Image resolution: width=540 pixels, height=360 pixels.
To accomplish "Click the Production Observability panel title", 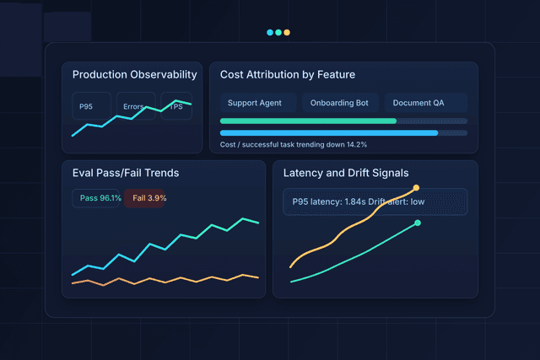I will pos(134,75).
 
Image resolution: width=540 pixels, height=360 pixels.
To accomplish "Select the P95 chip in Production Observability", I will pos(87,106).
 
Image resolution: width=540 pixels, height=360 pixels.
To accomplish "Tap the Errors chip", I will pos(135,106).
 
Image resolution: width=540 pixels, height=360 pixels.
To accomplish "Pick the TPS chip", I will pos(177,106).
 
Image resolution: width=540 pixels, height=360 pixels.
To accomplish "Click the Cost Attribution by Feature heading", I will pos(288,75).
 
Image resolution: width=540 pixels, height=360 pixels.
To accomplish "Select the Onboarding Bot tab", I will pos(340,103).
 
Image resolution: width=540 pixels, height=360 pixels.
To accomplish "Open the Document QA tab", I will pos(425,103).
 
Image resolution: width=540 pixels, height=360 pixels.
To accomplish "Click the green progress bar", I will pos(308,121).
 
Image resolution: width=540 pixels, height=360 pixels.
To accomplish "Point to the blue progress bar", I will pos(329,132).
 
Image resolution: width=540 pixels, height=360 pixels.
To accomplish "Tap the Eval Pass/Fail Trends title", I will pos(126,174).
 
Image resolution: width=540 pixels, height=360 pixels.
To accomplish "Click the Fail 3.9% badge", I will pos(149,198).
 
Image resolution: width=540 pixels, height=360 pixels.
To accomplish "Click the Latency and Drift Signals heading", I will pos(346,174).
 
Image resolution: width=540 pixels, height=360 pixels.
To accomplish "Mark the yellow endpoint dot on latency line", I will pos(416,188).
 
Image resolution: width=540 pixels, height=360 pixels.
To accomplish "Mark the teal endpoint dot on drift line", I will pos(418,223).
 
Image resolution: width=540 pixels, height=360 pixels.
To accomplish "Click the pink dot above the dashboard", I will pos(278,33).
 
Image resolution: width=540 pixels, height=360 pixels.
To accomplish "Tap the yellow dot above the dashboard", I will pos(288,33).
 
